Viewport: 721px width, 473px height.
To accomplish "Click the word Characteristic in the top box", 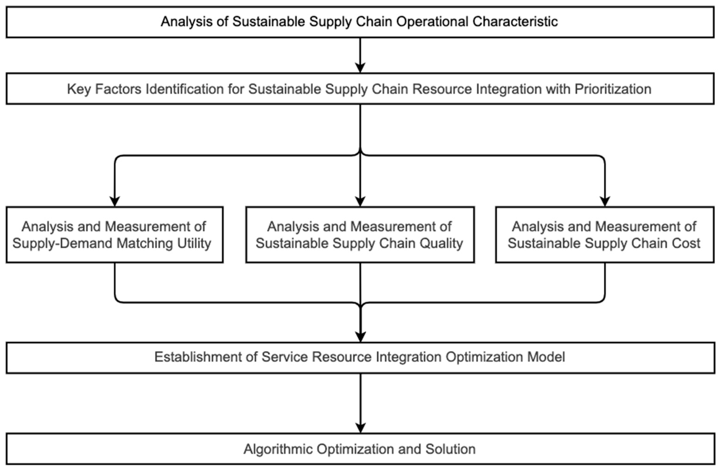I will pos(515,22).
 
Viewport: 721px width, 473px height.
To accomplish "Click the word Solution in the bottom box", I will pos(450,449).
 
